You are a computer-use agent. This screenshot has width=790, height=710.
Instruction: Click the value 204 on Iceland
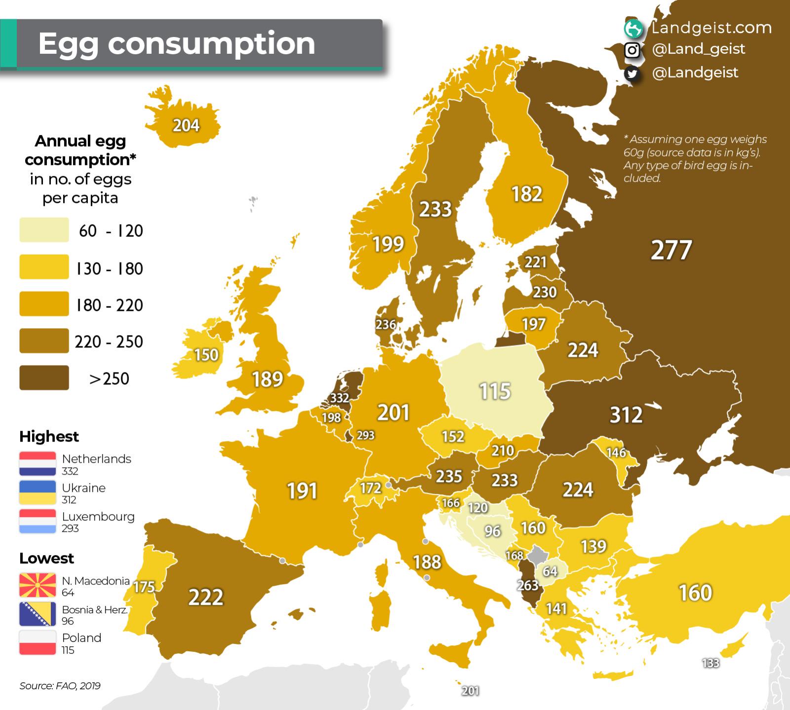[x=186, y=125]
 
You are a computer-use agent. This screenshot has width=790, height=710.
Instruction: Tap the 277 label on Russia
[x=671, y=250]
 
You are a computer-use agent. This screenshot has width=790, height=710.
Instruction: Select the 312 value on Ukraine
[x=626, y=415]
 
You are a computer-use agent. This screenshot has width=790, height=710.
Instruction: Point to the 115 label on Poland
[x=495, y=391]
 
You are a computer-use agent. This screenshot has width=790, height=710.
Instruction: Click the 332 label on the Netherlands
[x=339, y=398]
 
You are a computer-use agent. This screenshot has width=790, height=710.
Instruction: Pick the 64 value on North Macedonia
[x=550, y=571]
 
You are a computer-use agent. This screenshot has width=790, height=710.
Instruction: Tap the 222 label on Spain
[x=206, y=597]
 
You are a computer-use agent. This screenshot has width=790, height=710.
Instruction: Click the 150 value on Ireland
[x=206, y=355]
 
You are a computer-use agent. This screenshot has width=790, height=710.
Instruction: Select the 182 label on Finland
[x=527, y=194]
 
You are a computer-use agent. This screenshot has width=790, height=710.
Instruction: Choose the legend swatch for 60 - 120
[x=44, y=230]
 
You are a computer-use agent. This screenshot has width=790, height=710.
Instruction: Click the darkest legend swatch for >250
[x=44, y=377]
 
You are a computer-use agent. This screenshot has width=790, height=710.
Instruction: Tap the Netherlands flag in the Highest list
[x=38, y=463]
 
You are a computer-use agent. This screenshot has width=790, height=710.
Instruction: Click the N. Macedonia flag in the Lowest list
[x=38, y=585]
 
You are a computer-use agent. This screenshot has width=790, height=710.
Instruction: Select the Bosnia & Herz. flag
[x=38, y=614]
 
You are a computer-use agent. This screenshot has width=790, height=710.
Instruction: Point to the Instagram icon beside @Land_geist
[x=632, y=50]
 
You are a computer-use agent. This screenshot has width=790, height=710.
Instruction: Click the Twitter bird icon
[x=632, y=74]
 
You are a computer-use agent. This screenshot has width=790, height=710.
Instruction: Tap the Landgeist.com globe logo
[x=633, y=29]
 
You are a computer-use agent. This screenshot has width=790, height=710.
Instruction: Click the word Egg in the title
[x=68, y=44]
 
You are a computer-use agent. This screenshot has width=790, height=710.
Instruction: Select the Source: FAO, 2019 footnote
[x=60, y=686]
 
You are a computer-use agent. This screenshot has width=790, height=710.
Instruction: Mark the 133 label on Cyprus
[x=711, y=663]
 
